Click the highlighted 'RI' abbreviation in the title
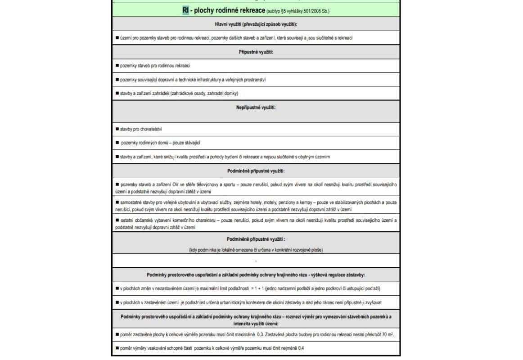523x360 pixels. [x=186, y=10]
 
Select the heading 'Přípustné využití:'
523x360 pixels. [x=256, y=52]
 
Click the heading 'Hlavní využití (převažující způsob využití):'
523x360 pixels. [x=256, y=24]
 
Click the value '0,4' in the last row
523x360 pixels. [x=300, y=348]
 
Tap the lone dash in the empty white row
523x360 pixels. [x=256, y=261]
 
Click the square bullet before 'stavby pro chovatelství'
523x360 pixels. [x=117, y=129]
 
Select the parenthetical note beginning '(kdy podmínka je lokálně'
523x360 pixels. [x=256, y=250]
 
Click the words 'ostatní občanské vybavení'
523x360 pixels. [x=143, y=220]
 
